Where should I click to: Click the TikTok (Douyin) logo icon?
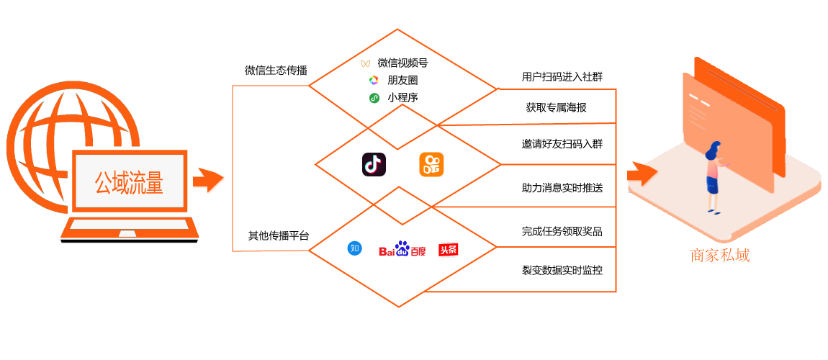pyautogui.click(x=374, y=164)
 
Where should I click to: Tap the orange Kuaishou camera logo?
pyautogui.click(x=431, y=164)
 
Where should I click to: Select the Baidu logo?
pyautogui.click(x=402, y=249)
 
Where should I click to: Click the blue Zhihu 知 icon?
pyautogui.click(x=354, y=248)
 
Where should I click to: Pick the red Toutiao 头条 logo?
pyautogui.click(x=448, y=249)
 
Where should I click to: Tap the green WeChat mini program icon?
pyautogui.click(x=374, y=98)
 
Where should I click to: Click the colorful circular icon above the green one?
pyautogui.click(x=374, y=81)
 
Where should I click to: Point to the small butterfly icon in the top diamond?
pyautogui.click(x=365, y=63)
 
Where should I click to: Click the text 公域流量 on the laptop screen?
pyautogui.click(x=129, y=183)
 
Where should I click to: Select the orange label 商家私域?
pyautogui.click(x=720, y=256)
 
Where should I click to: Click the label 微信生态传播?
pyautogui.click(x=276, y=71)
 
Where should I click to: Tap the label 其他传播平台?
pyautogui.click(x=279, y=235)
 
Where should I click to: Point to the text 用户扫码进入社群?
pyautogui.click(x=562, y=76)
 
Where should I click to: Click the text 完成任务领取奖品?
pyautogui.click(x=562, y=232)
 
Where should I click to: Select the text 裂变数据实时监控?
pyautogui.click(x=562, y=271)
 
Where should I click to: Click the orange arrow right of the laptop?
pyautogui.click(x=208, y=181)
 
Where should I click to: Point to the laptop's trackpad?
pyautogui.click(x=127, y=233)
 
